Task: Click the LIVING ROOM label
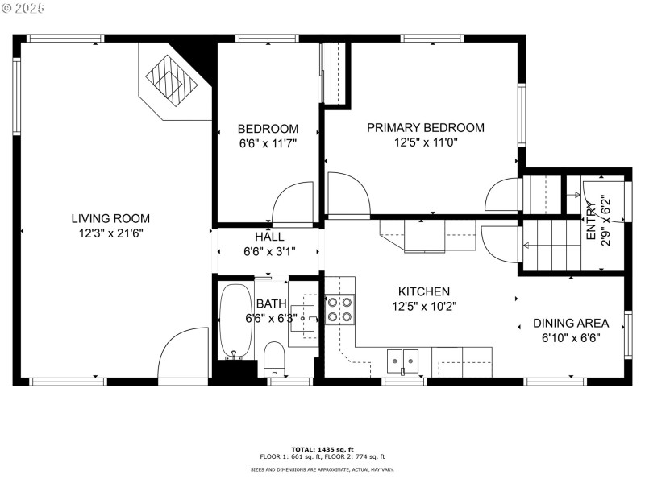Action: [x=110, y=218]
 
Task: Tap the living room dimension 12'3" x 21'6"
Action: [x=110, y=233]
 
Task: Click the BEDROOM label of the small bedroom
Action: [x=268, y=129]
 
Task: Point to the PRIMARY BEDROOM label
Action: [x=426, y=127]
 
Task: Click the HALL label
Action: [x=269, y=237]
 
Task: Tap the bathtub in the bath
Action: [x=235, y=320]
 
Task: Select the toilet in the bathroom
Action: [x=275, y=358]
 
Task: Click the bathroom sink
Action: [x=305, y=319]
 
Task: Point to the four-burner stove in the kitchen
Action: [x=339, y=308]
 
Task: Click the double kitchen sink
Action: [x=402, y=357]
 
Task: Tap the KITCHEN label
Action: [x=424, y=291]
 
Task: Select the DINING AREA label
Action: [x=571, y=324]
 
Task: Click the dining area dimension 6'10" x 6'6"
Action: [x=571, y=338]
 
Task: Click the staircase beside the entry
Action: [x=551, y=245]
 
